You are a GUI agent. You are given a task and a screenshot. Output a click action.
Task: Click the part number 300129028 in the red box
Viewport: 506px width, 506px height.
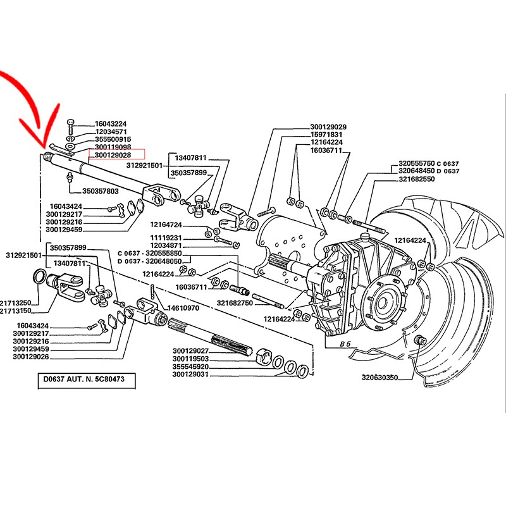[x=113, y=154]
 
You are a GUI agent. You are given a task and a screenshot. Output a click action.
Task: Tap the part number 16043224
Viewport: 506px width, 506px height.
[x=111, y=124]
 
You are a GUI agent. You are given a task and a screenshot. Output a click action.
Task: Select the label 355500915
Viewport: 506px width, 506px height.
[x=113, y=139]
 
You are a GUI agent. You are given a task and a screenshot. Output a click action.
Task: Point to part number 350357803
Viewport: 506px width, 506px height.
[x=101, y=190]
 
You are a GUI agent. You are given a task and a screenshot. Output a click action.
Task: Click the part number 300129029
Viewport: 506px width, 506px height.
[x=328, y=126]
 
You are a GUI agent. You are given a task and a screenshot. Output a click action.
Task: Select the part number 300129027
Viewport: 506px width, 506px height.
[x=190, y=351]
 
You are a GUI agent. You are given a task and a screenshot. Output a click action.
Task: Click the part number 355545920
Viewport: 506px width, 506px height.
[x=190, y=367]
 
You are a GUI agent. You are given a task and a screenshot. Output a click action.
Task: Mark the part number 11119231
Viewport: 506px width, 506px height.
[x=166, y=237]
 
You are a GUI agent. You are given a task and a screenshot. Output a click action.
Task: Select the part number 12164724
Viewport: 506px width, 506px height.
[x=166, y=225]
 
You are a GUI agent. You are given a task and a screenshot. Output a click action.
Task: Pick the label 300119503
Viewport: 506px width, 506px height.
[x=190, y=359]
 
